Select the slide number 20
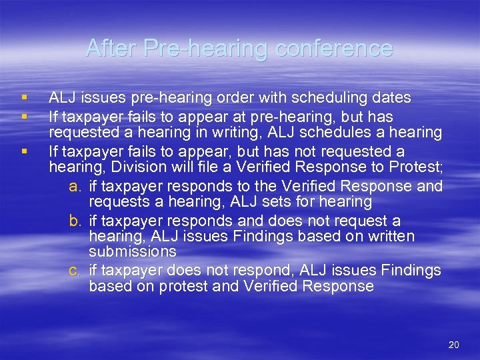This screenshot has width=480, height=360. (x=454, y=345)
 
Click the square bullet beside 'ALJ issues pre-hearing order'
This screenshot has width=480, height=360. (x=23, y=97)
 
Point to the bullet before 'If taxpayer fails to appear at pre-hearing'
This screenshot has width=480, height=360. (x=23, y=115)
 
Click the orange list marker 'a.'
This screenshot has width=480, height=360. (x=75, y=185)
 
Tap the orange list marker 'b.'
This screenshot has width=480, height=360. (x=75, y=220)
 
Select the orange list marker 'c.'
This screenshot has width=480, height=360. (x=75, y=270)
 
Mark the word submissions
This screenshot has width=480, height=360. (x=132, y=252)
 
